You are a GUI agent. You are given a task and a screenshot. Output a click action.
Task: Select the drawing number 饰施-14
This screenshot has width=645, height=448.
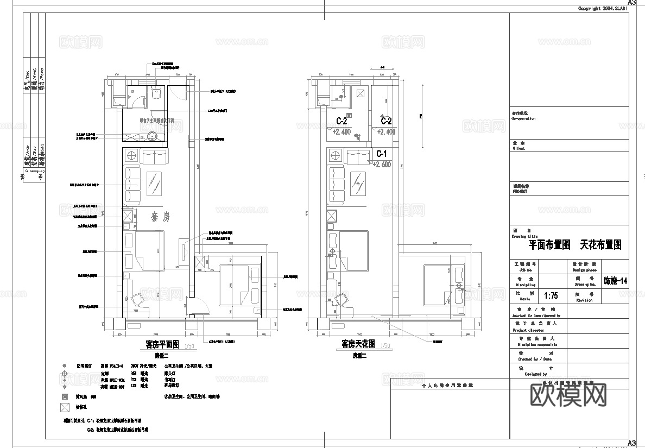(x=615, y=281)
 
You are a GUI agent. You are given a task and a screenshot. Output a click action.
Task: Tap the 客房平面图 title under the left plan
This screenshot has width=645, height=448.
(x=162, y=344)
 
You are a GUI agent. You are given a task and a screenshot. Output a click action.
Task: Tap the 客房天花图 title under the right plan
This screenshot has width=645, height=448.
(x=359, y=344)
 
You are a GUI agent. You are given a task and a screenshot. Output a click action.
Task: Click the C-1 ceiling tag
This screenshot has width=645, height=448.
(x=381, y=154)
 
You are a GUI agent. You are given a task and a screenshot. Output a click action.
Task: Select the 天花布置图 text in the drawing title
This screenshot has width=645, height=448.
(x=600, y=245)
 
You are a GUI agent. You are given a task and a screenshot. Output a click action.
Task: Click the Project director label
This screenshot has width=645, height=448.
(x=528, y=330)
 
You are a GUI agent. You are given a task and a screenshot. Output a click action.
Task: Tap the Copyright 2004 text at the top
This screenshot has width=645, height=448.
(x=602, y=9)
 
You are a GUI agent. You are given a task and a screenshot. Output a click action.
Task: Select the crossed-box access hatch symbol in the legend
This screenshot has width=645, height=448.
(x=65, y=407)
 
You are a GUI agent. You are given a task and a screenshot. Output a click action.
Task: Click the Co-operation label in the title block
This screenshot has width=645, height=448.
(x=523, y=118)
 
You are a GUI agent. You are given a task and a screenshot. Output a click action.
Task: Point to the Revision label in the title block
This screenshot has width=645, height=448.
(x=584, y=300)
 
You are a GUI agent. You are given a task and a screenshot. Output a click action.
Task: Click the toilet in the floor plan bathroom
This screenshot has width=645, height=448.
(x=156, y=93)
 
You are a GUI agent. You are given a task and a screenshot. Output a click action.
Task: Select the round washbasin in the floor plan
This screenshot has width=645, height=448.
(x=153, y=137)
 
